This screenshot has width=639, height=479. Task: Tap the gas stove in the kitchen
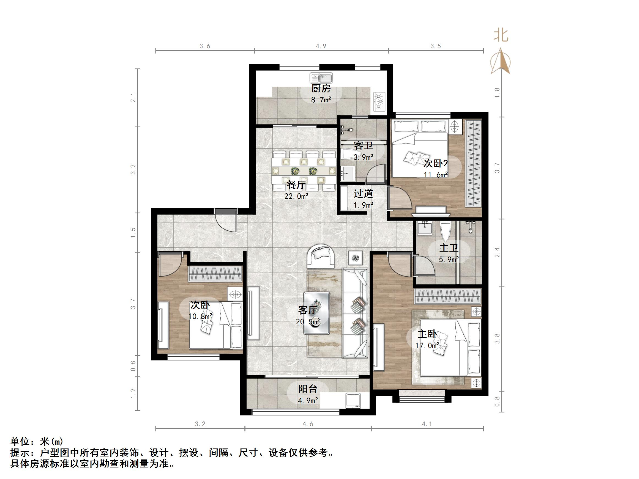379,102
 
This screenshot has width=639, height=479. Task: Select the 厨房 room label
321,89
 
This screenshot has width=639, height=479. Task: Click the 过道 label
364,194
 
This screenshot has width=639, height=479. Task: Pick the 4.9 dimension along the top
321,46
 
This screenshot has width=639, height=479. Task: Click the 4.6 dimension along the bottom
308,424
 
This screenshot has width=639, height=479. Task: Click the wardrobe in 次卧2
474,163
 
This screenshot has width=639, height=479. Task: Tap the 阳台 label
308,389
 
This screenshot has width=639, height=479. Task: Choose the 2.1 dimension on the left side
133,98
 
